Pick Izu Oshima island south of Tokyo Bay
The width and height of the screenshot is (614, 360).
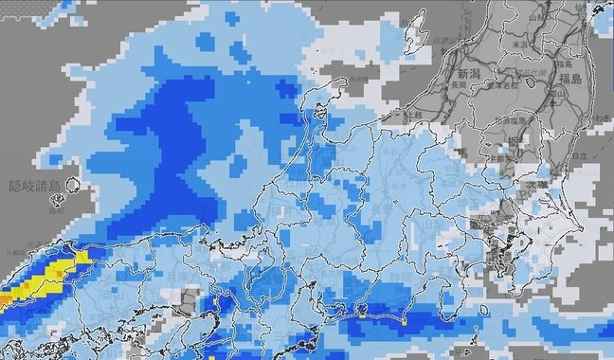pyautogui.click(x=484, y=310)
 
